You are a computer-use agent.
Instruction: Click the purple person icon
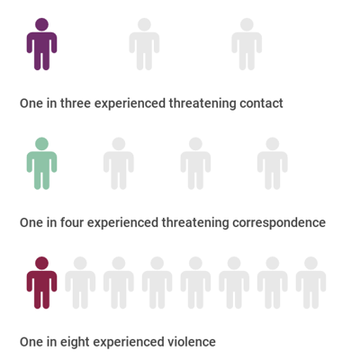(x=41, y=45)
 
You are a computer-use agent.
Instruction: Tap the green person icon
(x=41, y=165)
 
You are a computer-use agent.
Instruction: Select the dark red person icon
(x=41, y=283)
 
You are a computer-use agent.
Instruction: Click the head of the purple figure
(x=41, y=24)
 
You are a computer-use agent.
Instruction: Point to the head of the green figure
(x=41, y=144)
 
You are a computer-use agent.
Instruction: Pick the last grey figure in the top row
(x=247, y=45)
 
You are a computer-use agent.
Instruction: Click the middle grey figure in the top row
(x=144, y=45)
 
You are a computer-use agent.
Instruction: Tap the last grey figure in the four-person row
(x=273, y=165)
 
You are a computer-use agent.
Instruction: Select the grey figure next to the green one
(x=119, y=165)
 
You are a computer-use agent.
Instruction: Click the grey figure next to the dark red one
(x=80, y=283)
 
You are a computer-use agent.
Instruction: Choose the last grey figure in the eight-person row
(x=310, y=283)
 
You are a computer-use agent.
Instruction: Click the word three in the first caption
(x=76, y=103)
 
